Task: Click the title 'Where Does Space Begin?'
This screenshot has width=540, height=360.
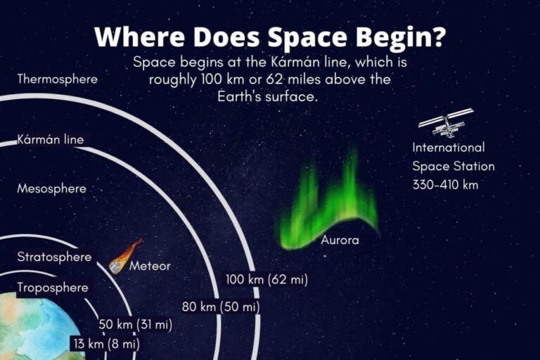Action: point(270,36)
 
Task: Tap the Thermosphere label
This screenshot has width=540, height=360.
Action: point(58,79)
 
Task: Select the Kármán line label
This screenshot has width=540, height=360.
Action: point(51,139)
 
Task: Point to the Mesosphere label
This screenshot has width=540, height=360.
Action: point(51,188)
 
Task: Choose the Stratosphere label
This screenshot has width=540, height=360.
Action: point(54,257)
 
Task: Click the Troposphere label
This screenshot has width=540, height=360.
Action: point(53,288)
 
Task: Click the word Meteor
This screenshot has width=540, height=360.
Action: point(150,266)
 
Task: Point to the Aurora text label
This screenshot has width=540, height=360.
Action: point(340,240)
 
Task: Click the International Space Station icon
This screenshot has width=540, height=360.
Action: point(445,122)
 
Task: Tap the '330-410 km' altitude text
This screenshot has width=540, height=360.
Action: point(445,184)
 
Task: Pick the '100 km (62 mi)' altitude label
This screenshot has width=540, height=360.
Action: point(266,279)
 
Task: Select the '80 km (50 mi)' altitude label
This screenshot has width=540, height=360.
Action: point(221,307)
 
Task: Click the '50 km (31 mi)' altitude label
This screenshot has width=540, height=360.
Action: point(135,324)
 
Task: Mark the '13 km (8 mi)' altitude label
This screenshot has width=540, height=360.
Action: point(105,344)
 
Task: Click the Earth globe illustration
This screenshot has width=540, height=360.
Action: point(35,330)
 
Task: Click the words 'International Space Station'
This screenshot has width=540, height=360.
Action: point(453,157)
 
